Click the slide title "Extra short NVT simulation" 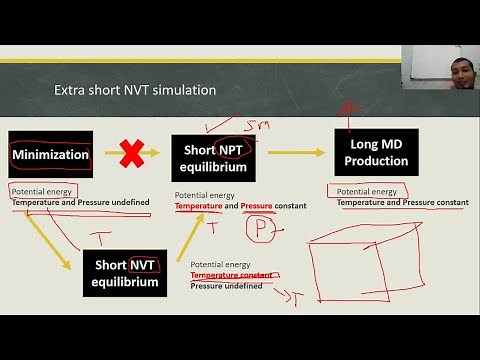pos(134,91)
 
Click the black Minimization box pos(50,156)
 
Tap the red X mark pos(130,155)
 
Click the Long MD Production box pos(370,152)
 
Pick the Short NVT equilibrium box pos(125,273)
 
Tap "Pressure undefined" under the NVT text pos(226,285)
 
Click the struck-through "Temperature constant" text pos(231,274)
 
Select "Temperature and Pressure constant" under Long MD pos(402,203)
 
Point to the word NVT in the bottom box pos(141,265)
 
